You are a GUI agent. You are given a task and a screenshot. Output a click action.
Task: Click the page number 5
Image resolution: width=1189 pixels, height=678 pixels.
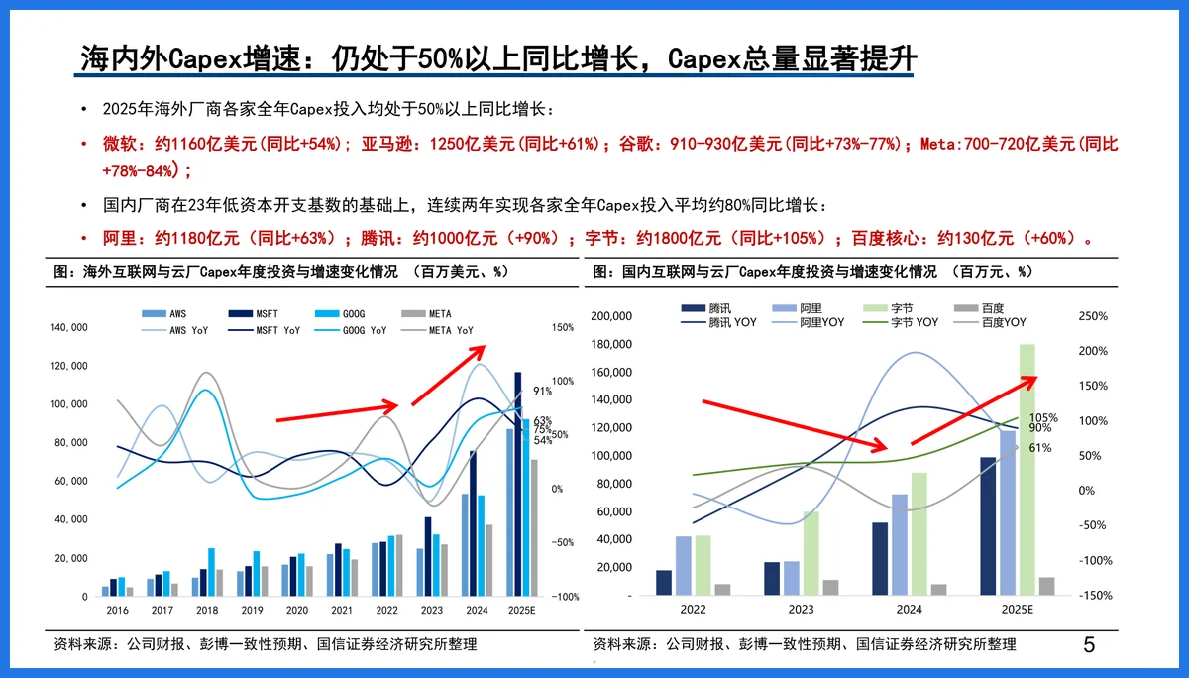tap(1089, 645)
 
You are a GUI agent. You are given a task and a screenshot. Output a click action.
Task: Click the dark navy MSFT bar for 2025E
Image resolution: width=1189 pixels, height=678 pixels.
tap(517, 484)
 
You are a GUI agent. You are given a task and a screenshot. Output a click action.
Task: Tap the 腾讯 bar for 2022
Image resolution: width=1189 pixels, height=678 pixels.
tap(664, 583)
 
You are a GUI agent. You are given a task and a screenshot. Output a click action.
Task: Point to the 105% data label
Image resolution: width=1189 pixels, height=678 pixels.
tap(1043, 418)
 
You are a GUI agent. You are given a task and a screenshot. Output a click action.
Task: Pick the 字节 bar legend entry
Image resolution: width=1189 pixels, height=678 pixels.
tap(889, 308)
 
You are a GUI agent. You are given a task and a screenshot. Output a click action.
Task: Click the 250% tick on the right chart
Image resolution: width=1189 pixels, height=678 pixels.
tap(1094, 316)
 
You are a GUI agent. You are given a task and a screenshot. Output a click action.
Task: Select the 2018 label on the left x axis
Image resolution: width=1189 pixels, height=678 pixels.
tap(206, 610)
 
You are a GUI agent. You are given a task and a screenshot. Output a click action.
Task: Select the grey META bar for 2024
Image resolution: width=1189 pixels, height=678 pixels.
tap(487, 560)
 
